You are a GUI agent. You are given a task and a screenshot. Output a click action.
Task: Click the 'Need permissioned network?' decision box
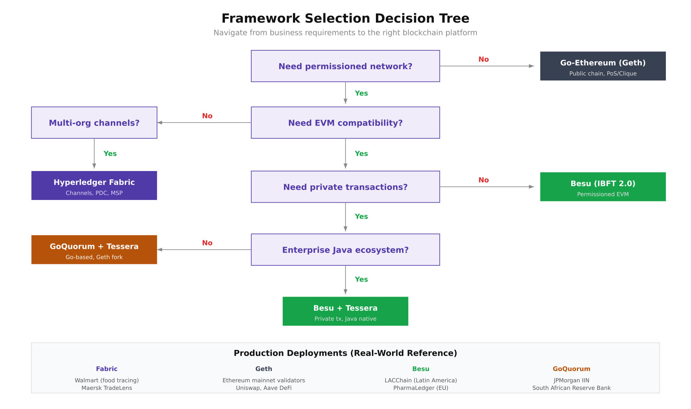[345, 66]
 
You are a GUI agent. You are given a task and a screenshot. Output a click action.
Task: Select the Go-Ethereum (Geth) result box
[602, 66]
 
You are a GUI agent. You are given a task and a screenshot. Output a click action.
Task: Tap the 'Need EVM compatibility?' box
[345, 123]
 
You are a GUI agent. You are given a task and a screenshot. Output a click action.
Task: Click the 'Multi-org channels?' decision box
[94, 123]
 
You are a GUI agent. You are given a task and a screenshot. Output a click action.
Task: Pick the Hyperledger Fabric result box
[94, 186]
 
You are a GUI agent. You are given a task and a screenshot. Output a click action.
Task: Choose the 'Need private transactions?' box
[345, 187]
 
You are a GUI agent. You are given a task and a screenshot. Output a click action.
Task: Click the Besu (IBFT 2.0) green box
[602, 187]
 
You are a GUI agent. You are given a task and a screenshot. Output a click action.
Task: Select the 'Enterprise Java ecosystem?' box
[345, 250]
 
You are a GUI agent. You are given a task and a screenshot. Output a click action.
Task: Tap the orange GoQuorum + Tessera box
[94, 250]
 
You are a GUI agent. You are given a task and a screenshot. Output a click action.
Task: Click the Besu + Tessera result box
[345, 311]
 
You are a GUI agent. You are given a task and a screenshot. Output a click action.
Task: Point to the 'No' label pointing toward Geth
[483, 59]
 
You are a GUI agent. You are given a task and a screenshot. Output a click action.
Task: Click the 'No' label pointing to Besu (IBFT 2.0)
[483, 180]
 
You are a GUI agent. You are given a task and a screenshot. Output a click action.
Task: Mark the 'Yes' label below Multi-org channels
[110, 154]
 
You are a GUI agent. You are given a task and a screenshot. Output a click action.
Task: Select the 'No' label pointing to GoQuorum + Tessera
[207, 243]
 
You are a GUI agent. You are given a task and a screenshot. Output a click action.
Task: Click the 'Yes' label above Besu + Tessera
[361, 279]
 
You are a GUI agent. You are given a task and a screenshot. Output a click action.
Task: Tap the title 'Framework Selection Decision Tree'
[345, 18]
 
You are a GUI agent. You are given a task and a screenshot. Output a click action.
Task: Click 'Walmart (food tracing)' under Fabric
[107, 380]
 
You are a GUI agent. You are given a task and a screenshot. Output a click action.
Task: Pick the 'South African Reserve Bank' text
[571, 388]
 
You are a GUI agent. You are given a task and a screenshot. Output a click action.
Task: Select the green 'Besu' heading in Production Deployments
[421, 369]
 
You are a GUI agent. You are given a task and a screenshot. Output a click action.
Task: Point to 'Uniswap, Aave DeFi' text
[264, 388]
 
